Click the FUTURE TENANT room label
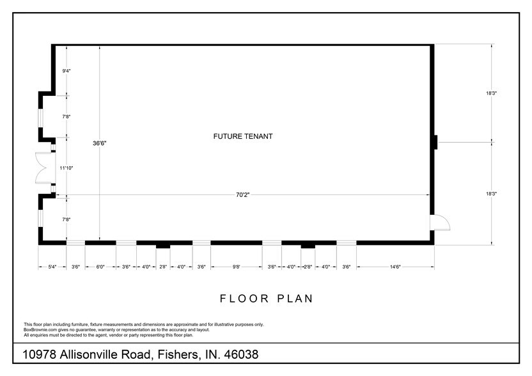(243, 136)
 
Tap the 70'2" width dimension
(242, 196)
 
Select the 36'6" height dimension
(99, 144)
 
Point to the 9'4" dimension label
(66, 71)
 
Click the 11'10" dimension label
(66, 168)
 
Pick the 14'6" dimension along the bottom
(395, 267)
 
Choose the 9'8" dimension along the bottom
(236, 267)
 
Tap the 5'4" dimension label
(52, 267)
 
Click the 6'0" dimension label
(100, 267)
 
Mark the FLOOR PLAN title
(266, 298)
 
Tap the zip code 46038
(240, 354)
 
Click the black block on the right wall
(435, 142)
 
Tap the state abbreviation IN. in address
(209, 354)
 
